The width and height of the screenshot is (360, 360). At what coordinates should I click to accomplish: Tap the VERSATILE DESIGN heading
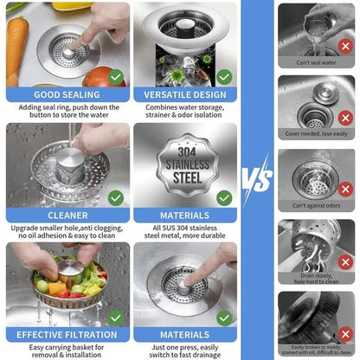[x=185, y=94]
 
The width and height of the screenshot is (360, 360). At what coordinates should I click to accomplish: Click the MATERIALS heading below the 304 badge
[x=185, y=215]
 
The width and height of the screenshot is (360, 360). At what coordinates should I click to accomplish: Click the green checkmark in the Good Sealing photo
[x=116, y=76]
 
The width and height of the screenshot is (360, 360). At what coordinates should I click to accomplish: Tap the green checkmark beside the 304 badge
[x=224, y=197]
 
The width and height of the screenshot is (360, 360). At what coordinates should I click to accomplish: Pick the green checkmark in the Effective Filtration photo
[x=116, y=316]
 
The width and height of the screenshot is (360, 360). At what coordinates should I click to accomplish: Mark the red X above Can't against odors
[x=345, y=189]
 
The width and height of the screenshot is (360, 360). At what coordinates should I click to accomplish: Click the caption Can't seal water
[x=317, y=62]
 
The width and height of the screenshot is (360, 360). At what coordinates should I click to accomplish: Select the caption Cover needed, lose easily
[x=317, y=134]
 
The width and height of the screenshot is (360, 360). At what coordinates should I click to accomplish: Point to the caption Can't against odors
[x=317, y=205]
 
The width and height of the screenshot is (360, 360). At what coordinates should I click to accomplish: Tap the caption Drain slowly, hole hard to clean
[x=317, y=279]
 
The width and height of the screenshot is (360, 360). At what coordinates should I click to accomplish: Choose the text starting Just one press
[x=185, y=349]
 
